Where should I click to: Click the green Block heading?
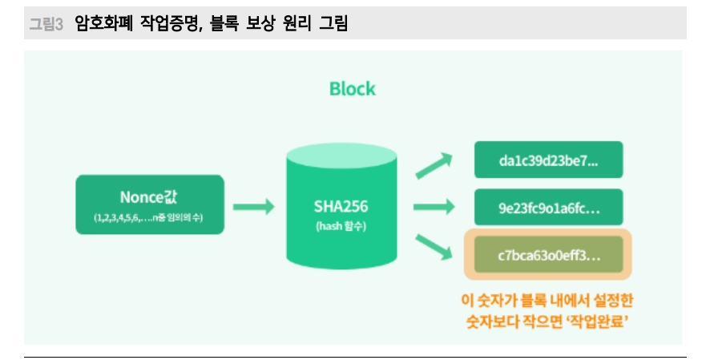[x=352, y=88]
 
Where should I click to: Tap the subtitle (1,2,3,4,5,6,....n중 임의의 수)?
[x=150, y=218]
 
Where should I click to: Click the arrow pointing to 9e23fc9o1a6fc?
[x=434, y=207]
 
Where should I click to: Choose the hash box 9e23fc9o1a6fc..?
[x=548, y=207]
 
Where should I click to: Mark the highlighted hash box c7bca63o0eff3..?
[x=548, y=256]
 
